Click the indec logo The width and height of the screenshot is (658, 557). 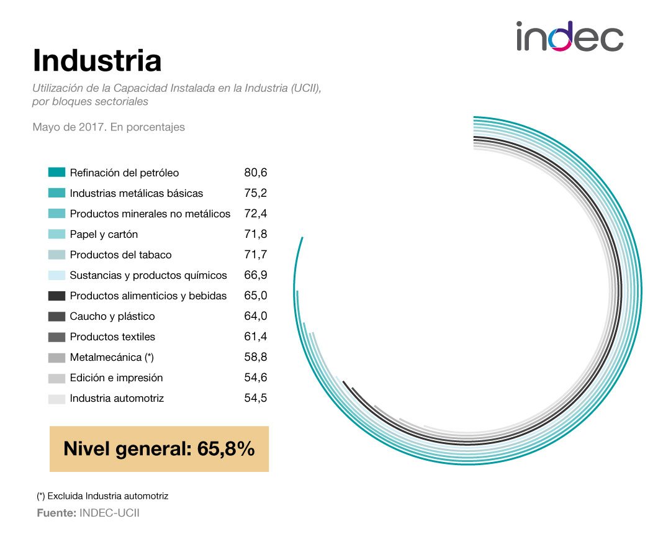[569, 37]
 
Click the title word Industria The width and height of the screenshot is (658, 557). [97, 61]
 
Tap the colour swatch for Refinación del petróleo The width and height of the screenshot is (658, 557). [56, 173]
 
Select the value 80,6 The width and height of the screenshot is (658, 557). [255, 173]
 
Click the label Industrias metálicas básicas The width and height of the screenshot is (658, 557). [136, 193]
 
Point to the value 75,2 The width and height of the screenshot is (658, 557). [255, 193]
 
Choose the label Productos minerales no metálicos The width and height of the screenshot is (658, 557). [150, 214]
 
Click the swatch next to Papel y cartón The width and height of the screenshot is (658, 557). [56, 234]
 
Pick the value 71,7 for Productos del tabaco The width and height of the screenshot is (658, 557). [255, 255]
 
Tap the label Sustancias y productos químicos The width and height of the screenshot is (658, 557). [148, 275]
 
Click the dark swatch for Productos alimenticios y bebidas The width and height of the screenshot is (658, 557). [56, 296]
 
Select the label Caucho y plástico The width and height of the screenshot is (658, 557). [112, 316]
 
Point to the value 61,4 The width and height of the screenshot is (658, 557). [255, 337]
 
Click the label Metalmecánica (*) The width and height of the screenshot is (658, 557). [111, 357]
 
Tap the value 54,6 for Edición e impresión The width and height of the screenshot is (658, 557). [255, 378]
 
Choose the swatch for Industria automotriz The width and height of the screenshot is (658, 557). [56, 398]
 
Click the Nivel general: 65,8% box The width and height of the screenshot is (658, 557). [159, 448]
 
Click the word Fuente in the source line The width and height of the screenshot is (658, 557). [56, 514]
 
